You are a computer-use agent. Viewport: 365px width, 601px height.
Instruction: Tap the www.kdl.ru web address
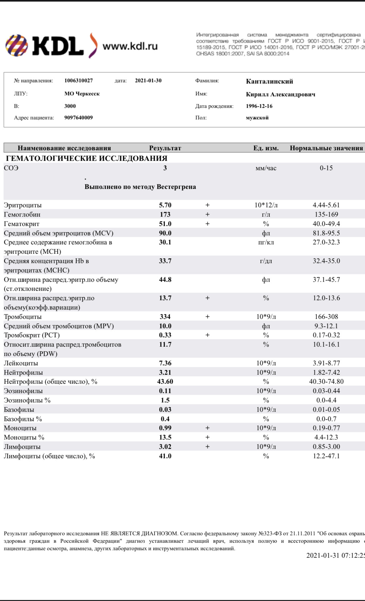click(130, 46)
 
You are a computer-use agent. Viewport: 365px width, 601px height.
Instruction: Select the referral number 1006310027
click(79, 80)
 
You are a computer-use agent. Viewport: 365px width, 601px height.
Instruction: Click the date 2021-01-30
click(148, 80)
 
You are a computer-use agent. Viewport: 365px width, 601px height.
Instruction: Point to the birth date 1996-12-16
click(259, 106)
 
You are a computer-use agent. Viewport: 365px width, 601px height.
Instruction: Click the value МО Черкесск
click(82, 94)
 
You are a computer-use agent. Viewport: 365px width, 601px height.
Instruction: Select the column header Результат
click(165, 148)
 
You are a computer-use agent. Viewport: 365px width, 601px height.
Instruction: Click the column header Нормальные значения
click(326, 148)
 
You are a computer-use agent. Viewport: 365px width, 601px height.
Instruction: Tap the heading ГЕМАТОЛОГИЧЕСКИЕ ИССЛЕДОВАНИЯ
click(87, 158)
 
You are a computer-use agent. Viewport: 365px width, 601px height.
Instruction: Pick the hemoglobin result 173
click(165, 214)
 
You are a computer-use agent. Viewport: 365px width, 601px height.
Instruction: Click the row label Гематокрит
click(22, 224)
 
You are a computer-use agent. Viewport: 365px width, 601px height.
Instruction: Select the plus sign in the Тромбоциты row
click(207, 317)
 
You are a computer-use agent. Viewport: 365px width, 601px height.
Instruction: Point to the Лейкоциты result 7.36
click(165, 363)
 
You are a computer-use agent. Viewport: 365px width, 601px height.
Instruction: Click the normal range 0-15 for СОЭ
click(326, 168)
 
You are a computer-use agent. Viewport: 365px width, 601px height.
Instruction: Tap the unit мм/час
click(266, 168)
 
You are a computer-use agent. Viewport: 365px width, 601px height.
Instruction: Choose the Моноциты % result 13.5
click(165, 437)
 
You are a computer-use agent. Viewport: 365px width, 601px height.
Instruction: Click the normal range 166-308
click(326, 317)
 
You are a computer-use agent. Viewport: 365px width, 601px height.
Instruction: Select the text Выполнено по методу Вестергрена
click(140, 187)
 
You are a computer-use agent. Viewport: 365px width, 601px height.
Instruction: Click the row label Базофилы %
click(23, 419)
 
